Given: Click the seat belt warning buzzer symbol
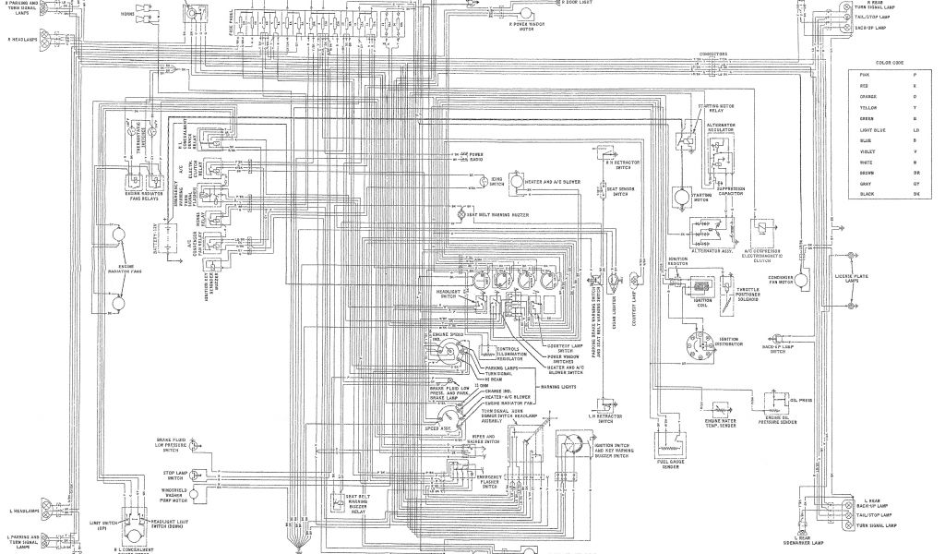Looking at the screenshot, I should [463, 213].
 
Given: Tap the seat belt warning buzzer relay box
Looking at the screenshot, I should [353, 498].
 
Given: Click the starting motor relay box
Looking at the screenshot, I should [683, 138].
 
